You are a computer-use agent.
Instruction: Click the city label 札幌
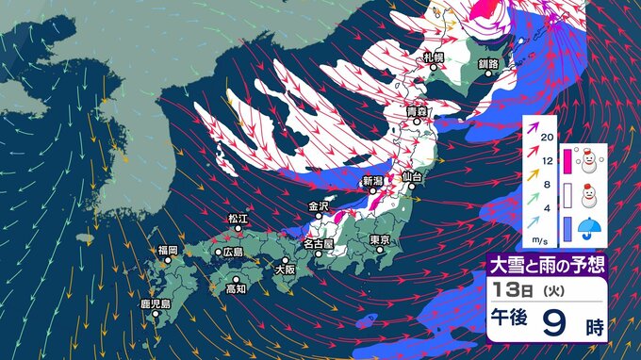click(434, 57)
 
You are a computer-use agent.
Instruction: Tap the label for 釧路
click(487, 63)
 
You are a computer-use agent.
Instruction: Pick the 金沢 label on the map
click(318, 205)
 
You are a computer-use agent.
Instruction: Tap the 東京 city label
click(381, 240)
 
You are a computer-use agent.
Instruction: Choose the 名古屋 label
click(316, 245)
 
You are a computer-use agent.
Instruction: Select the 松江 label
click(238, 219)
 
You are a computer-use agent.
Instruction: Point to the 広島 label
click(231, 252)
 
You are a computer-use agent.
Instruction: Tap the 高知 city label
click(236, 288)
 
